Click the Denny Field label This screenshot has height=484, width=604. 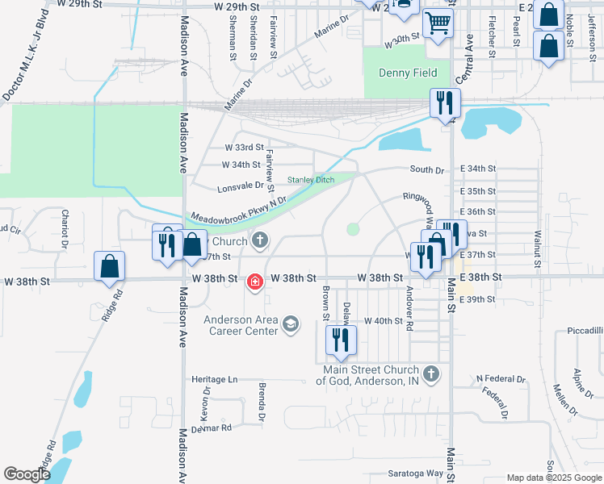[x=408, y=73]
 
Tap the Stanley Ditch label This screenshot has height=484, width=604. [x=311, y=180]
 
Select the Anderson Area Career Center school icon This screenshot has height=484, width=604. [x=290, y=325]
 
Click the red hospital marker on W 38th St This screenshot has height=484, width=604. [x=255, y=282]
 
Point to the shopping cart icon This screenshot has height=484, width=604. [x=437, y=26]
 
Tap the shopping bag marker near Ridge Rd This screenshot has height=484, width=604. [x=110, y=267]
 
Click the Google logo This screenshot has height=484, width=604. [x=27, y=474]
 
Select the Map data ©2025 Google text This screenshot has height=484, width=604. [x=552, y=478]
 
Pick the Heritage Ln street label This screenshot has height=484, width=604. [x=216, y=379]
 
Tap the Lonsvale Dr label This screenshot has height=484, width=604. [x=241, y=186]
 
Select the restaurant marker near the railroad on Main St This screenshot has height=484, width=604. [x=444, y=104]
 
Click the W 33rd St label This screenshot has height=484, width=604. [x=244, y=148]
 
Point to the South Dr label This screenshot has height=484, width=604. [x=427, y=169]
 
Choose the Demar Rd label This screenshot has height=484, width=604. [x=212, y=428]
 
